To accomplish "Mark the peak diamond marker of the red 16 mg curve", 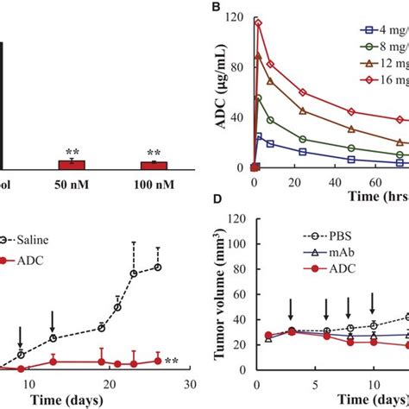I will pyautogui.click(x=257, y=24).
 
